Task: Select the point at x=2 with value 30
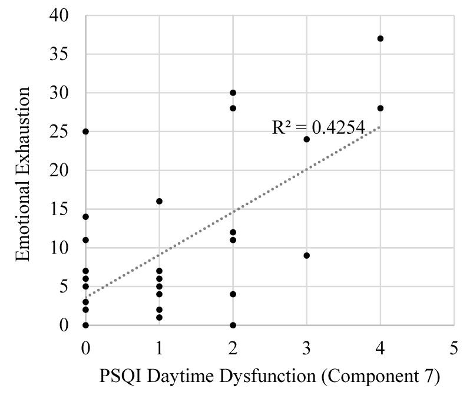pos(233,93)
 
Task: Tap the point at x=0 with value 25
pos(85,131)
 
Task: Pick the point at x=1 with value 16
pos(159,201)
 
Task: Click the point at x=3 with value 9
pos(307,255)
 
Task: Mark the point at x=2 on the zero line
pos(233,325)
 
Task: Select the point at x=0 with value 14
pos(85,216)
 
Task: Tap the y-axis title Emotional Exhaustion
pos(23,174)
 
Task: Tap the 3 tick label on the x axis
pos(307,348)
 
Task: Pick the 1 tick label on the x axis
pos(159,348)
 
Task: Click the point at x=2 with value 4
pos(233,294)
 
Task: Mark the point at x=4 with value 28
pos(380,108)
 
